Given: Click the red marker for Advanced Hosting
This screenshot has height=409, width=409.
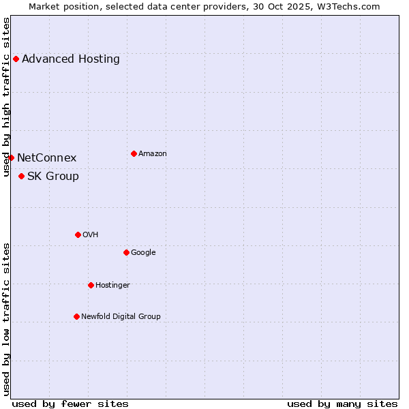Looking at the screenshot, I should coord(16,59).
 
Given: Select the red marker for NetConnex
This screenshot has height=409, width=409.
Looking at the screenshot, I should coord(11,157).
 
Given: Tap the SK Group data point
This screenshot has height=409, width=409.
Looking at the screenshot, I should coord(21,176).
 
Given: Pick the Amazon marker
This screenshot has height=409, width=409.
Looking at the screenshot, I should coord(134,153).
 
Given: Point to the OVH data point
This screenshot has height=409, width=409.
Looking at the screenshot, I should coord(78,234).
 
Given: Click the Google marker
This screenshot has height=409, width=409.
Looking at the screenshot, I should coord(126,252).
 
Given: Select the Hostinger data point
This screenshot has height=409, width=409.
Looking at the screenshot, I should coord(91,285).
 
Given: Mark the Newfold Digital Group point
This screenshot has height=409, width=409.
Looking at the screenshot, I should coord(76,316).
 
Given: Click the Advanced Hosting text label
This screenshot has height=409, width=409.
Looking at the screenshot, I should coord(71,59).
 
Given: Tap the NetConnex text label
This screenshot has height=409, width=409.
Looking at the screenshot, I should coord(47,158).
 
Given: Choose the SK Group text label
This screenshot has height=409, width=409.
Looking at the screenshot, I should coord(53,177).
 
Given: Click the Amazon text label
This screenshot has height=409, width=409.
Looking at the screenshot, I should coord(153,154).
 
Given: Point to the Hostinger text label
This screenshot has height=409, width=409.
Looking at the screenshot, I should coord(112,285).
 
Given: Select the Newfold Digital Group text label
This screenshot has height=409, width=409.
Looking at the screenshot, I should coord(121,316).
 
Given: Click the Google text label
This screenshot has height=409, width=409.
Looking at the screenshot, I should coord(143,252).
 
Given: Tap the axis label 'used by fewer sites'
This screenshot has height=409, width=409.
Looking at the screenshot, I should coord(70,404).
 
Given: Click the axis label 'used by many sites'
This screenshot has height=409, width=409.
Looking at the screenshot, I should coord(342,404).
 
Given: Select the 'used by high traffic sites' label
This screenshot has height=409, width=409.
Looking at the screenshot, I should coord(6,97).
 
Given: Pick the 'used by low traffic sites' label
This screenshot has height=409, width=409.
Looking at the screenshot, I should coord(6,318).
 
